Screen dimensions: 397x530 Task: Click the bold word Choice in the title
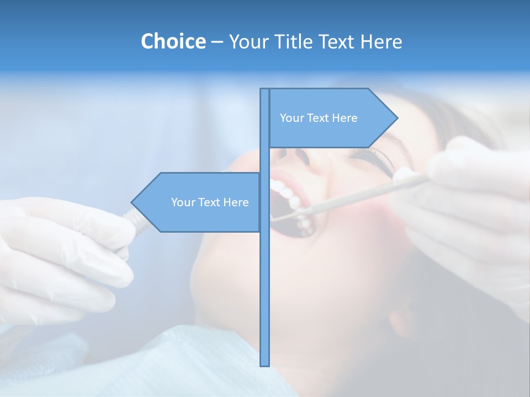point(173,41)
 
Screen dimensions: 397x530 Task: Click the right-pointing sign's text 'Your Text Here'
point(319,118)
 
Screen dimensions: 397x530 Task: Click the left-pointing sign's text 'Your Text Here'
point(210,202)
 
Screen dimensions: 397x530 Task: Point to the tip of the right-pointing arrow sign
point(397,117)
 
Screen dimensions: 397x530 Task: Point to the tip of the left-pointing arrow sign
point(132,202)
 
